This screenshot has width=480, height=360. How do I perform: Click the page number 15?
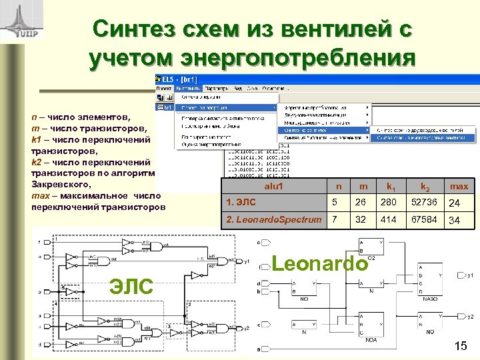pyautogui.click(x=461, y=345)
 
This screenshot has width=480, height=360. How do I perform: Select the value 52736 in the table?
pyautogui.click(x=423, y=203)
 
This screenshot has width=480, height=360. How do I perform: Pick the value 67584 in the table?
pyautogui.click(x=423, y=219)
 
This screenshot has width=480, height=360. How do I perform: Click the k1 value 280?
pyautogui.click(x=388, y=203)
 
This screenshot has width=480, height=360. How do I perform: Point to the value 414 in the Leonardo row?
pyautogui.click(x=388, y=219)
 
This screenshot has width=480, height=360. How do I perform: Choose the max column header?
pyautogui.click(x=459, y=187)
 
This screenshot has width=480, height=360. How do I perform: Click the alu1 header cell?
pyautogui.click(x=274, y=187)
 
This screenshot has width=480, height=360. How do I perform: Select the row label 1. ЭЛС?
pyautogui.click(x=241, y=203)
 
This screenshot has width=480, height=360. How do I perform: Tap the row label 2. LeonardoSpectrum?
pyautogui.click(x=273, y=219)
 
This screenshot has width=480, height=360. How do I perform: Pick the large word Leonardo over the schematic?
pyautogui.click(x=319, y=263)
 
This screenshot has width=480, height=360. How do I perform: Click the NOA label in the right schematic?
pyautogui.click(x=371, y=339)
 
